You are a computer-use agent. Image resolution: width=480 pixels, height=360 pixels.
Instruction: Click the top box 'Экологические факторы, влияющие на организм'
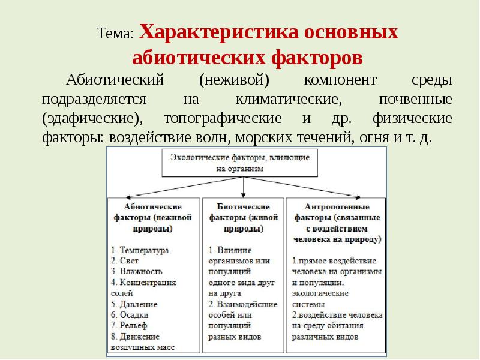point(239,163)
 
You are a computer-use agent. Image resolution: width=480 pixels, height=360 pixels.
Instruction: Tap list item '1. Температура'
point(140,250)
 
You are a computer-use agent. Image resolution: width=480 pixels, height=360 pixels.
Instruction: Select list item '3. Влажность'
point(137,271)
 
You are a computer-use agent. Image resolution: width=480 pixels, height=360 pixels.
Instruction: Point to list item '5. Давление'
point(134,304)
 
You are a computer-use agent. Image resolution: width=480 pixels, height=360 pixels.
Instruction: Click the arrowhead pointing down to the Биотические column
point(243,193)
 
